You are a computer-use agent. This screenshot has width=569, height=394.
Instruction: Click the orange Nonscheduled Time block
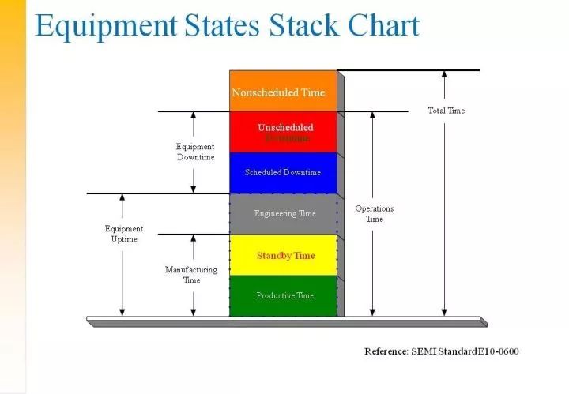pyautogui.click(x=283, y=92)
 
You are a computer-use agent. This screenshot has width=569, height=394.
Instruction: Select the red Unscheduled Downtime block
pyautogui.click(x=283, y=132)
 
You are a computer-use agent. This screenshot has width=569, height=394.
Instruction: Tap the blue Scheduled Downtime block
pyautogui.click(x=283, y=172)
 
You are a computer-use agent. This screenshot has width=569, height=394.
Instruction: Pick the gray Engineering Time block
pyautogui.click(x=283, y=213)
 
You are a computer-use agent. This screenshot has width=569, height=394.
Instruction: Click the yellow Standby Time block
pyautogui.click(x=283, y=255)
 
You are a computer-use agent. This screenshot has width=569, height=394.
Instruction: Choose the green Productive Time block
pyautogui.click(x=283, y=295)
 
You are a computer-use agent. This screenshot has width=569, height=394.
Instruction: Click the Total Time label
pyautogui.click(x=447, y=111)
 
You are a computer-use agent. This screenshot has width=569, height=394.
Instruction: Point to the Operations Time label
pyautogui.click(x=375, y=214)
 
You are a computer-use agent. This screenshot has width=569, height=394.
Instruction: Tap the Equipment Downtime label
pyautogui.click(x=195, y=152)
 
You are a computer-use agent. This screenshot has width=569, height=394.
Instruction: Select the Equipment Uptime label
pyautogui.click(x=124, y=234)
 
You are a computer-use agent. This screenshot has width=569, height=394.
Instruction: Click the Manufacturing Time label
pyautogui.click(x=191, y=275)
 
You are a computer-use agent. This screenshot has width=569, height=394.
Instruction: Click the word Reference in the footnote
pyautogui.click(x=387, y=351)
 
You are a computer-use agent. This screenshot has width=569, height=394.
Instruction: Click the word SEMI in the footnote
pyautogui.click(x=430, y=351)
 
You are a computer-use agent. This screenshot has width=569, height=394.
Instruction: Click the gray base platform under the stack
pyautogui.click(x=284, y=321)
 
